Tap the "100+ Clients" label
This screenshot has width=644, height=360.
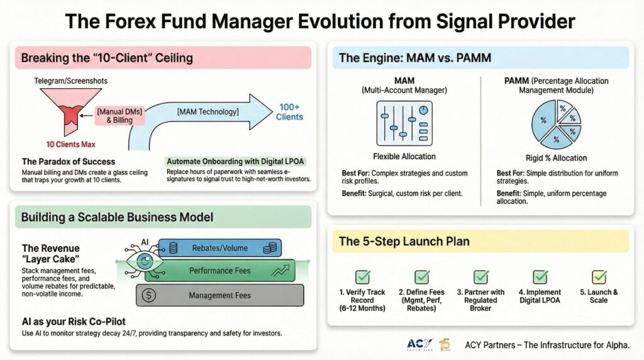[x=289, y=112]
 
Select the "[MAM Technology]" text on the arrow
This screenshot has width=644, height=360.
[x=208, y=111]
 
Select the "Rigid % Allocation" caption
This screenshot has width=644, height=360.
[x=556, y=158]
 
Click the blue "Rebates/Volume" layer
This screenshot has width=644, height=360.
[x=220, y=248]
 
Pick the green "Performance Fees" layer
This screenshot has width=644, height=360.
[x=220, y=271]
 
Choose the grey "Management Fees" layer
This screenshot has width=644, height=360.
[x=220, y=295]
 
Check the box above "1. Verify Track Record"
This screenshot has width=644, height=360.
[x=363, y=277]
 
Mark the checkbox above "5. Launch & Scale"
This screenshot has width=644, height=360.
[x=599, y=277]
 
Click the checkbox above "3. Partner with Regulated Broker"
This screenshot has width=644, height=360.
[x=481, y=277]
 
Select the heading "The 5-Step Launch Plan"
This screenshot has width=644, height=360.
[x=404, y=241]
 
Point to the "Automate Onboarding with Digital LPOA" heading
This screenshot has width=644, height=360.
[x=235, y=161]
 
